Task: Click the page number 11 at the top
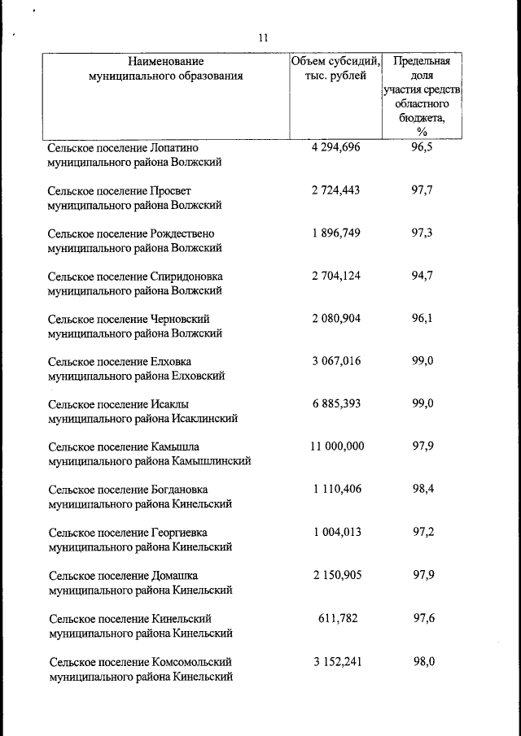pyautogui.click(x=262, y=37)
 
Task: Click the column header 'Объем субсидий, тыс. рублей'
pyautogui.click(x=335, y=68)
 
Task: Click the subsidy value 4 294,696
pyautogui.click(x=335, y=147)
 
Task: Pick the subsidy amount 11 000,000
pyautogui.click(x=336, y=446)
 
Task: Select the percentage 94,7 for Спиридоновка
pyautogui.click(x=422, y=275)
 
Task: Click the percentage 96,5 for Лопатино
pyautogui.click(x=422, y=147)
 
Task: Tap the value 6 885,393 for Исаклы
pyautogui.click(x=335, y=403)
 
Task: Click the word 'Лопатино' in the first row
pyautogui.click(x=175, y=148)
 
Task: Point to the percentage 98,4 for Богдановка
pyautogui.click(x=422, y=489)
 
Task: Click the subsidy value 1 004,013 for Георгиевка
pyautogui.click(x=335, y=532)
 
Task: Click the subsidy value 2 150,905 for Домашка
pyautogui.click(x=335, y=575)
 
